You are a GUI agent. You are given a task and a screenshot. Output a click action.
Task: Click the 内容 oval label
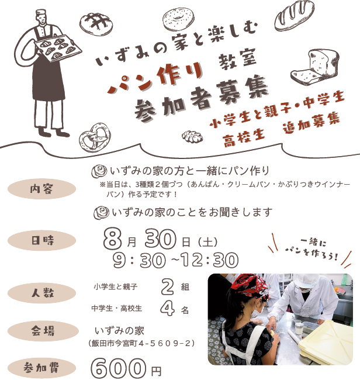(x=41, y=189)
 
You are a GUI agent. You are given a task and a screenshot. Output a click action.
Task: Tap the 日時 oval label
(x=41, y=240)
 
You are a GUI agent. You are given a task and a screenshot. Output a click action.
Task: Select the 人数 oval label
(x=41, y=293)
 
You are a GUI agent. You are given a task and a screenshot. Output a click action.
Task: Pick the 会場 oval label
(x=43, y=331)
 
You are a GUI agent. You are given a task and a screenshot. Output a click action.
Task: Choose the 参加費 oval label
(x=41, y=368)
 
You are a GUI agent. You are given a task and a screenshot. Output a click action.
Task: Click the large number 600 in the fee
(x=119, y=369)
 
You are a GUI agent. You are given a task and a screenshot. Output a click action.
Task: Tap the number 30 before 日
(x=160, y=239)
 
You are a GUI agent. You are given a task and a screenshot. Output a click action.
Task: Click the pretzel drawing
(x=95, y=137)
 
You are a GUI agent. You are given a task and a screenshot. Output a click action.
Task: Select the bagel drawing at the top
(x=178, y=19)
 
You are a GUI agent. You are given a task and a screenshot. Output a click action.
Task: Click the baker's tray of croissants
(x=58, y=47)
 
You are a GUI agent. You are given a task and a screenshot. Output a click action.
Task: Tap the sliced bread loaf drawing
(x=315, y=67)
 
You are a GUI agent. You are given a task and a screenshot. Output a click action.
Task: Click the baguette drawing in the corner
(x=295, y=16)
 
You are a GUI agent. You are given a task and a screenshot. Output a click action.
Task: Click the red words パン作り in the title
(x=155, y=77)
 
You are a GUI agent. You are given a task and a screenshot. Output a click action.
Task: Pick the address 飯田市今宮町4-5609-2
(x=141, y=344)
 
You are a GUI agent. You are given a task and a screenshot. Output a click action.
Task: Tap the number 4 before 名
(x=167, y=309)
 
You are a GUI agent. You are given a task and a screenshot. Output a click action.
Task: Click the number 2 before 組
(x=167, y=287)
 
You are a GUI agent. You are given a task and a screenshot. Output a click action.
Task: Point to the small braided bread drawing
(x=192, y=137)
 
